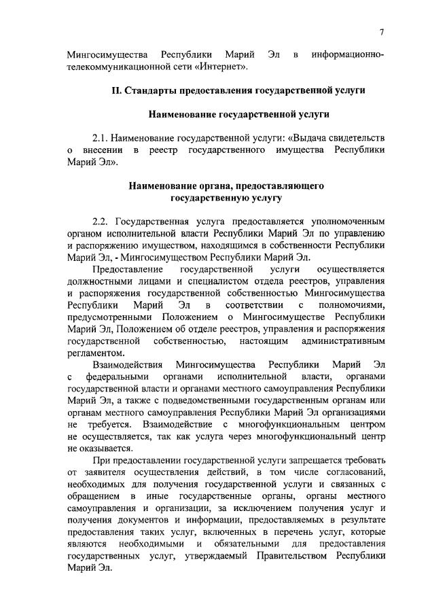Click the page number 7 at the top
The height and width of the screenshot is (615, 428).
(x=382, y=32)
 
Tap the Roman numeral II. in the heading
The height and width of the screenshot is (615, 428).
(x=117, y=90)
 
